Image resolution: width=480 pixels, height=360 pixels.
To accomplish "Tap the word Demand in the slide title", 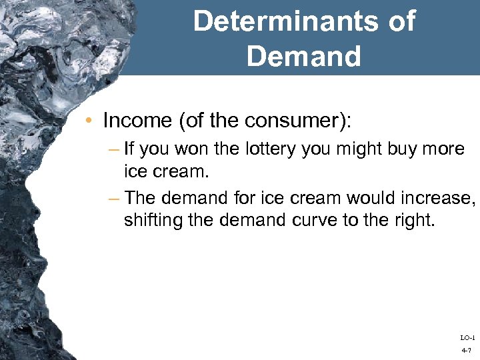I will pos(304,56).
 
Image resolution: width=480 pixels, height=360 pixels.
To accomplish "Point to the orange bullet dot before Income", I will pos(90,121).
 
